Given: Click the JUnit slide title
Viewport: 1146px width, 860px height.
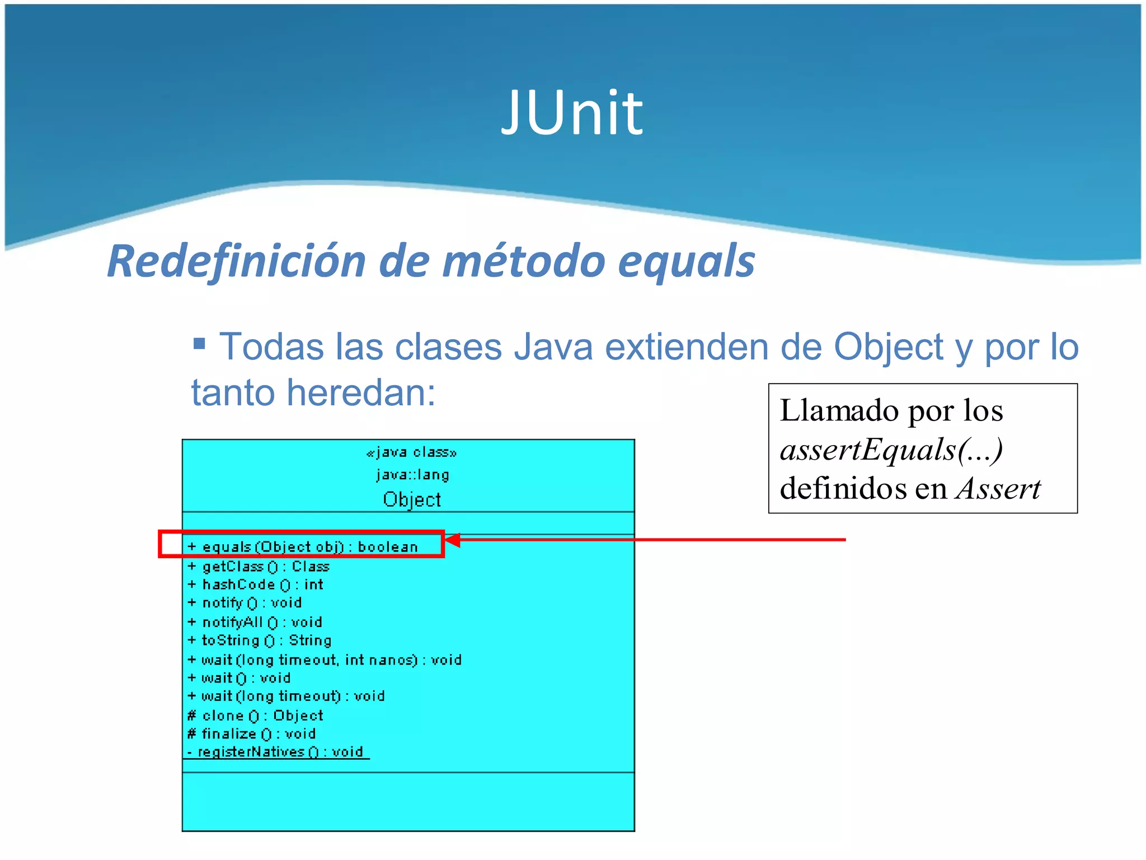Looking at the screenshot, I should [572, 114].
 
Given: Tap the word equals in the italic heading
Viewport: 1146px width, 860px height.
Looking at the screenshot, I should [687, 261].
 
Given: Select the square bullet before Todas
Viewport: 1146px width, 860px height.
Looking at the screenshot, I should [199, 342].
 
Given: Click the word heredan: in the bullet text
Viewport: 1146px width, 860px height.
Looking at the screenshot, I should [361, 392].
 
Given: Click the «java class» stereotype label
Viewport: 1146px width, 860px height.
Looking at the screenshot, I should [411, 452].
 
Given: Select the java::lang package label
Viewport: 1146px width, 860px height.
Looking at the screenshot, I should [412, 475].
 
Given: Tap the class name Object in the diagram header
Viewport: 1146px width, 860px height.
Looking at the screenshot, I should [412, 499].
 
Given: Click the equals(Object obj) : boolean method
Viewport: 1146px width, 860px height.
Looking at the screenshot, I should [309, 546].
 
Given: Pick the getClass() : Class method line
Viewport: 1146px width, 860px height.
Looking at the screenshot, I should [265, 567].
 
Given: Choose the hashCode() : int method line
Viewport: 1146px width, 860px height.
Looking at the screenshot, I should [262, 585].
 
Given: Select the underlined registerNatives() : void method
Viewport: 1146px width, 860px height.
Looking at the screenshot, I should [280, 752].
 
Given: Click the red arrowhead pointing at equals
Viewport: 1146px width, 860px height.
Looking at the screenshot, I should [452, 540].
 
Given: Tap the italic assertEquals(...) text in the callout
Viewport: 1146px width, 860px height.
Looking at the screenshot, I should [891, 450].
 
